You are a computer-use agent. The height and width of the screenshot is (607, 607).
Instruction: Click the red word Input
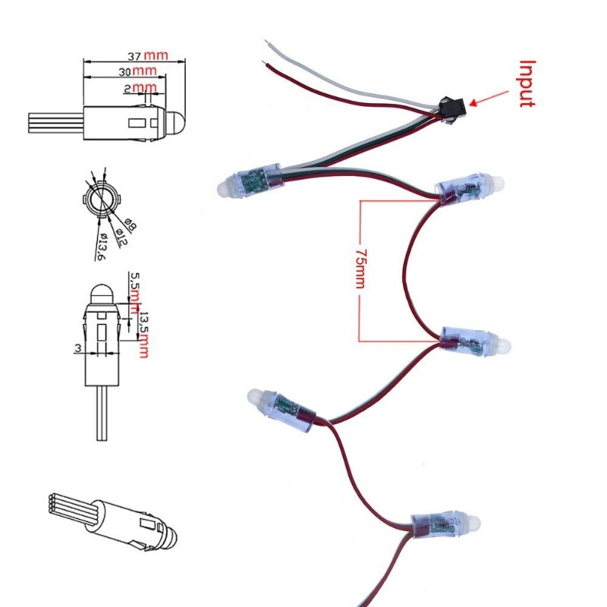click(527, 83)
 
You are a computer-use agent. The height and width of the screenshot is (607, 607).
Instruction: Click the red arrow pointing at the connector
click(489, 99)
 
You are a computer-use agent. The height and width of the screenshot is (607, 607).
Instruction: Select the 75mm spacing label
click(360, 269)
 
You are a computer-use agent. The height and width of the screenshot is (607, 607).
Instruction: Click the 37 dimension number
click(134, 56)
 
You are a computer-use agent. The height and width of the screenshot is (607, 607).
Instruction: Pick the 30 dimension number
click(124, 72)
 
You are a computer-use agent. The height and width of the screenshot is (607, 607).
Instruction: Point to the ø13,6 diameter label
click(101, 247)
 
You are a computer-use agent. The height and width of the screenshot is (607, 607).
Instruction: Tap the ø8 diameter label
click(131, 225)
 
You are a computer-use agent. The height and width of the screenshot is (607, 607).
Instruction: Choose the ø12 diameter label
click(121, 237)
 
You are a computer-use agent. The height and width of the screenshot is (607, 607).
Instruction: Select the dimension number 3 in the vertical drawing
click(78, 348)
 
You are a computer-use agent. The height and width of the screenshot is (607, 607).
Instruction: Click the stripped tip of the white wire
click(267, 42)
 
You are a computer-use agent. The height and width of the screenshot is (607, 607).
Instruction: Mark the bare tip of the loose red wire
click(263, 62)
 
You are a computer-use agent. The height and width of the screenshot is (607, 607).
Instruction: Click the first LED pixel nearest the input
click(250, 181)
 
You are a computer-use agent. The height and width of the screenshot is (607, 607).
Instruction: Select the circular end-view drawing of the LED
click(102, 200)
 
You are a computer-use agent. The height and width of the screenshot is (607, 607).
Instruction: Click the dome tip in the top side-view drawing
click(185, 121)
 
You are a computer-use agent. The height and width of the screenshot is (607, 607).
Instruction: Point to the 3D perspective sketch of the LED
click(112, 521)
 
